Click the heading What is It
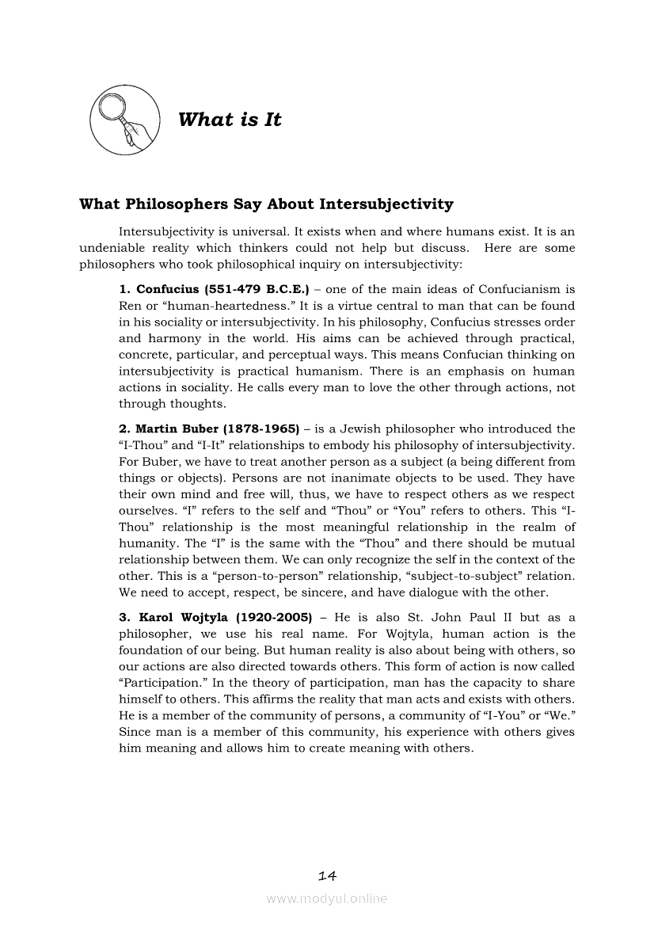[x=230, y=120]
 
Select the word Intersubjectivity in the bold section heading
[x=386, y=204]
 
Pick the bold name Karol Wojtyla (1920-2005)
[x=215, y=617]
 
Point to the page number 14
[x=327, y=875]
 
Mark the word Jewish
[x=366, y=429]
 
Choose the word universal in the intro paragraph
[x=252, y=231]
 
